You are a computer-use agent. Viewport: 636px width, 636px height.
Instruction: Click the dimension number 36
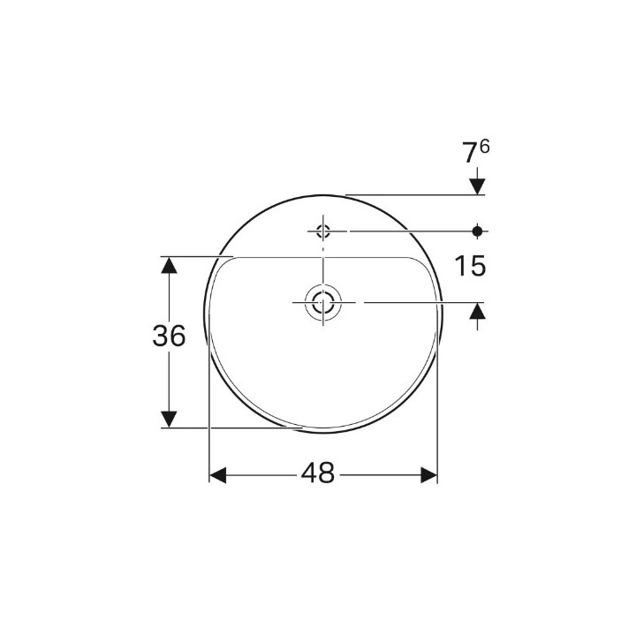pos(169,337)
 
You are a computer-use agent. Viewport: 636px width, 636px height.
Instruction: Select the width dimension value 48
pos(318,474)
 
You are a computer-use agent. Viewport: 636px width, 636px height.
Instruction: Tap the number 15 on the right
pos(470,266)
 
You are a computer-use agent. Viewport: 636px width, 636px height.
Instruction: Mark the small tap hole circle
pos(322,231)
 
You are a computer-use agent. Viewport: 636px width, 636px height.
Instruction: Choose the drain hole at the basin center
pos(323,302)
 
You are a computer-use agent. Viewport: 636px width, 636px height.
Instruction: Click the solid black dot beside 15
pos(478,231)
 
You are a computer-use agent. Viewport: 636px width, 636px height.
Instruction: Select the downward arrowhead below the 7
pos(478,185)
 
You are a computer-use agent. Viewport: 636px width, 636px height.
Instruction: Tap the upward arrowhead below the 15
pos(478,311)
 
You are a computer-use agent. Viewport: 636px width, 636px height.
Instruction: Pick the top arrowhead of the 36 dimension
pos(169,266)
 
